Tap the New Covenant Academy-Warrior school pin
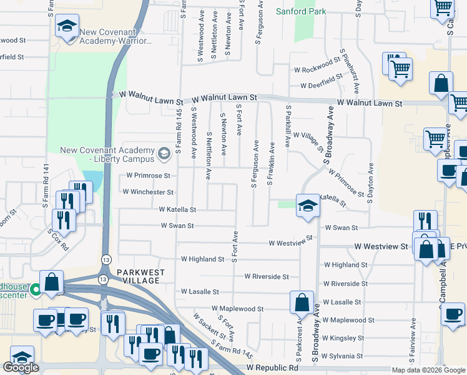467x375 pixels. tap(66, 28)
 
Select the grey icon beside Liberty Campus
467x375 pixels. tap(164, 152)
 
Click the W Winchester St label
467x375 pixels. tap(148, 192)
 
